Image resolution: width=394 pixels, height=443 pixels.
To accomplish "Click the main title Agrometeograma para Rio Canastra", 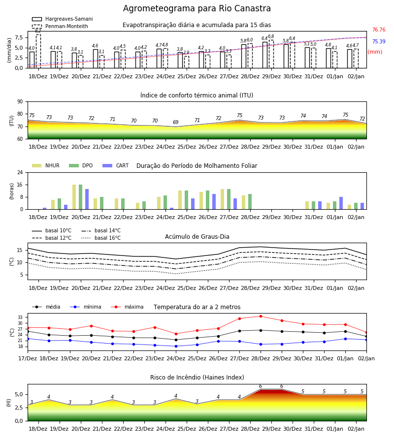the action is [x=197, y=8].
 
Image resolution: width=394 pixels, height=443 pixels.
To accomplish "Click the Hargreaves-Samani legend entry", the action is [x=62, y=19].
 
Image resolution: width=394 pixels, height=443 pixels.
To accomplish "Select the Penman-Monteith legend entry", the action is [x=60, y=26].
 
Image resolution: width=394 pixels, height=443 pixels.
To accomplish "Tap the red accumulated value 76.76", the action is [x=379, y=30].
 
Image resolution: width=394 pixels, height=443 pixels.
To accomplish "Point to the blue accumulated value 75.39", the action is [x=379, y=41].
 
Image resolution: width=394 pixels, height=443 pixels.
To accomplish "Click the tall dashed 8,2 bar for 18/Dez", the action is [x=38, y=51].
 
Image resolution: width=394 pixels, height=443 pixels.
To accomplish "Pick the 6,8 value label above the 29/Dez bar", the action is [x=271, y=36].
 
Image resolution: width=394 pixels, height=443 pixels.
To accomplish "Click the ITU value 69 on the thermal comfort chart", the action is [x=175, y=122].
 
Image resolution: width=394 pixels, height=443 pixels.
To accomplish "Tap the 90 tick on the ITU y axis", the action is [x=20, y=102].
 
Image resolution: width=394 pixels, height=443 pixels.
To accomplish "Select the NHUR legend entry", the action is [x=46, y=165].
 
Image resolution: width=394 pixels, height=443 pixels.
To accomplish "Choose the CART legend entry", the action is [x=116, y=165].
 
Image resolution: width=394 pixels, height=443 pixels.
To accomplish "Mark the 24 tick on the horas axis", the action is [x=20, y=172].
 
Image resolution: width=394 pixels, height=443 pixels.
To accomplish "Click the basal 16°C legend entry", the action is [x=101, y=238].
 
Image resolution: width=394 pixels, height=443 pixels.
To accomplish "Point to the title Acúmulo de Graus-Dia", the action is [x=197, y=236].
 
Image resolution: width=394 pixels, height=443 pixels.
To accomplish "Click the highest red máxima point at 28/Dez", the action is [x=261, y=316].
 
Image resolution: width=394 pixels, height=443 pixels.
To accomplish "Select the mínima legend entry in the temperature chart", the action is [x=86, y=307].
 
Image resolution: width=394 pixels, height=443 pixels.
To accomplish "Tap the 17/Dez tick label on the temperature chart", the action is [x=28, y=358].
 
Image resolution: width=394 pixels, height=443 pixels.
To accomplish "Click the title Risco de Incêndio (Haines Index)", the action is [x=197, y=377].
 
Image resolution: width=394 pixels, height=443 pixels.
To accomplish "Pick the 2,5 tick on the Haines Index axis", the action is [x=19, y=408].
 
